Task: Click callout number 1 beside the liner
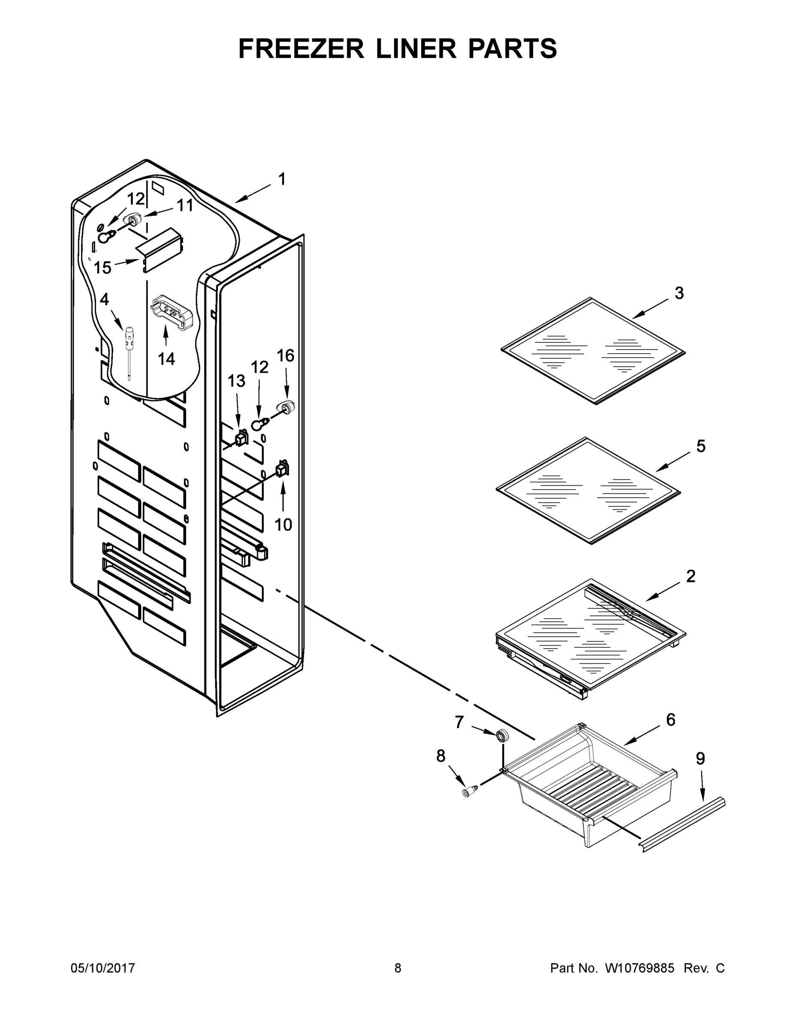coord(282,179)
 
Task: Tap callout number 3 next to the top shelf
coord(679,293)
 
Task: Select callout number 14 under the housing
coord(166,358)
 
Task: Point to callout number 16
coord(285,356)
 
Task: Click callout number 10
coord(283,524)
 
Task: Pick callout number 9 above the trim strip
coord(700,758)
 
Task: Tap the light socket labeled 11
coord(133,219)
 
